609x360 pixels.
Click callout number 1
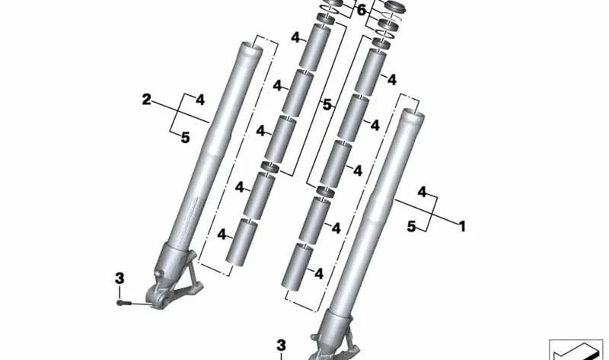click(462, 226)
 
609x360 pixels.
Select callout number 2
click(146, 100)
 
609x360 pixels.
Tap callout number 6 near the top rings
click(361, 11)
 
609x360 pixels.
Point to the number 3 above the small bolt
click(120, 279)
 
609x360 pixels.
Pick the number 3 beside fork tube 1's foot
click(281, 346)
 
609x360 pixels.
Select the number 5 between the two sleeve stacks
click(327, 104)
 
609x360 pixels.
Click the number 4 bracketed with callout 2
click(199, 100)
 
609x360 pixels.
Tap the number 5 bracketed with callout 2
click(185, 138)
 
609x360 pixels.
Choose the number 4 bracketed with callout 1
click(422, 192)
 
